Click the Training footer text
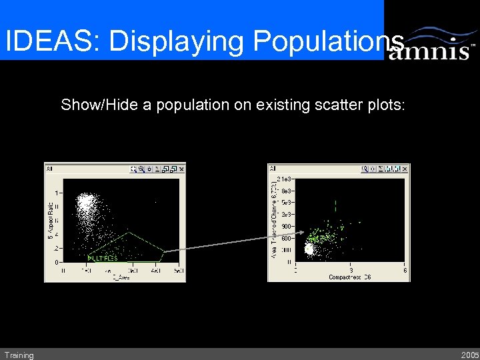(19, 355)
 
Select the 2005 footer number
(469, 355)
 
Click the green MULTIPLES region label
(103, 258)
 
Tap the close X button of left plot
(181, 169)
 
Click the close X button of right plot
(405, 169)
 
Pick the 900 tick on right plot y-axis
(285, 227)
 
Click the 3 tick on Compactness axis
(351, 270)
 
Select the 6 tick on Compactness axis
(405, 270)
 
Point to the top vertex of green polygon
(129, 232)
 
